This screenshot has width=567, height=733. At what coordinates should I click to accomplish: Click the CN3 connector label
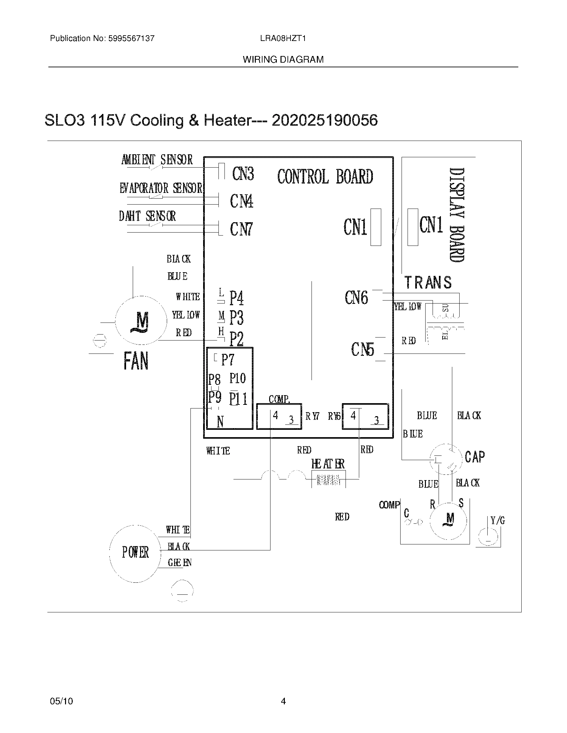(x=243, y=174)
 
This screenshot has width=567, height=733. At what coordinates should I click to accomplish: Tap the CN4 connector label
(x=241, y=201)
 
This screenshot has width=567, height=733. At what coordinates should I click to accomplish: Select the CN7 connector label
(x=241, y=229)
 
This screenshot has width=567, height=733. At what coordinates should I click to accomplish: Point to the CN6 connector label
(x=356, y=298)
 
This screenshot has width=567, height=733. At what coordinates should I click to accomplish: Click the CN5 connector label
(x=363, y=350)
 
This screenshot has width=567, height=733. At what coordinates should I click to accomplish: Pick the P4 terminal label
(x=236, y=298)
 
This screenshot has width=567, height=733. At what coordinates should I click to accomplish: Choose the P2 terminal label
(x=236, y=339)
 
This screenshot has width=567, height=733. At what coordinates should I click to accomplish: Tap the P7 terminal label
(x=227, y=360)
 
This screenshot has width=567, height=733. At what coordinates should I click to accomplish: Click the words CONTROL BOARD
(x=325, y=177)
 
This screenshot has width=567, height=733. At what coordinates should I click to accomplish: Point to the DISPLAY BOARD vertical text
(x=457, y=215)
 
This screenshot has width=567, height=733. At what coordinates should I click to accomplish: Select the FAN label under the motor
(x=136, y=362)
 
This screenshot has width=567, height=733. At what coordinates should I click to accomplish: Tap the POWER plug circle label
(x=135, y=552)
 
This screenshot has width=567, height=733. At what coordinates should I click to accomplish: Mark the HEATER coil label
(x=328, y=464)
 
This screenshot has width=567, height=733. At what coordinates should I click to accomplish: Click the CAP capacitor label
(x=475, y=457)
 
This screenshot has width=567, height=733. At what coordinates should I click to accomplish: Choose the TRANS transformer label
(x=428, y=283)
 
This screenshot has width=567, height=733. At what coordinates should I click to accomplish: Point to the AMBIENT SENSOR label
(x=157, y=160)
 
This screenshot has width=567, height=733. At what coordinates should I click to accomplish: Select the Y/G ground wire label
(x=498, y=520)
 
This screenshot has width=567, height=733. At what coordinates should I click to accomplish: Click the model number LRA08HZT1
(x=283, y=38)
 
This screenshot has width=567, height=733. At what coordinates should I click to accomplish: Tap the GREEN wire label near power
(x=179, y=563)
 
